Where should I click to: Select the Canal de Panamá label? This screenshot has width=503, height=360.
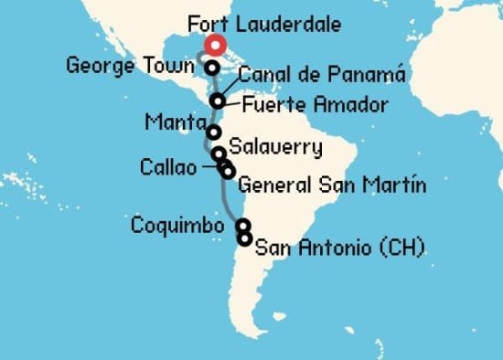point(309,75)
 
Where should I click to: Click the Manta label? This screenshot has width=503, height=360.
point(175,122)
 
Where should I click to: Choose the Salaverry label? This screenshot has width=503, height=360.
point(275,145)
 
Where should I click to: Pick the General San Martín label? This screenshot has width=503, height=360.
point(332,186)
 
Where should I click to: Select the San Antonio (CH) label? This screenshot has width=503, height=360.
point(339,246)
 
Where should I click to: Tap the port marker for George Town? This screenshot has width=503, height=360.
point(211,68)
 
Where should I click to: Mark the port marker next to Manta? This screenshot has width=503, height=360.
point(213,132)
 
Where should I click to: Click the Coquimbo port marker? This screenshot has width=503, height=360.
point(242,225)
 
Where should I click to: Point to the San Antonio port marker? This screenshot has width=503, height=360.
point(244,239)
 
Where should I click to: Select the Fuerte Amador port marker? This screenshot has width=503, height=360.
point(217,101)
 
